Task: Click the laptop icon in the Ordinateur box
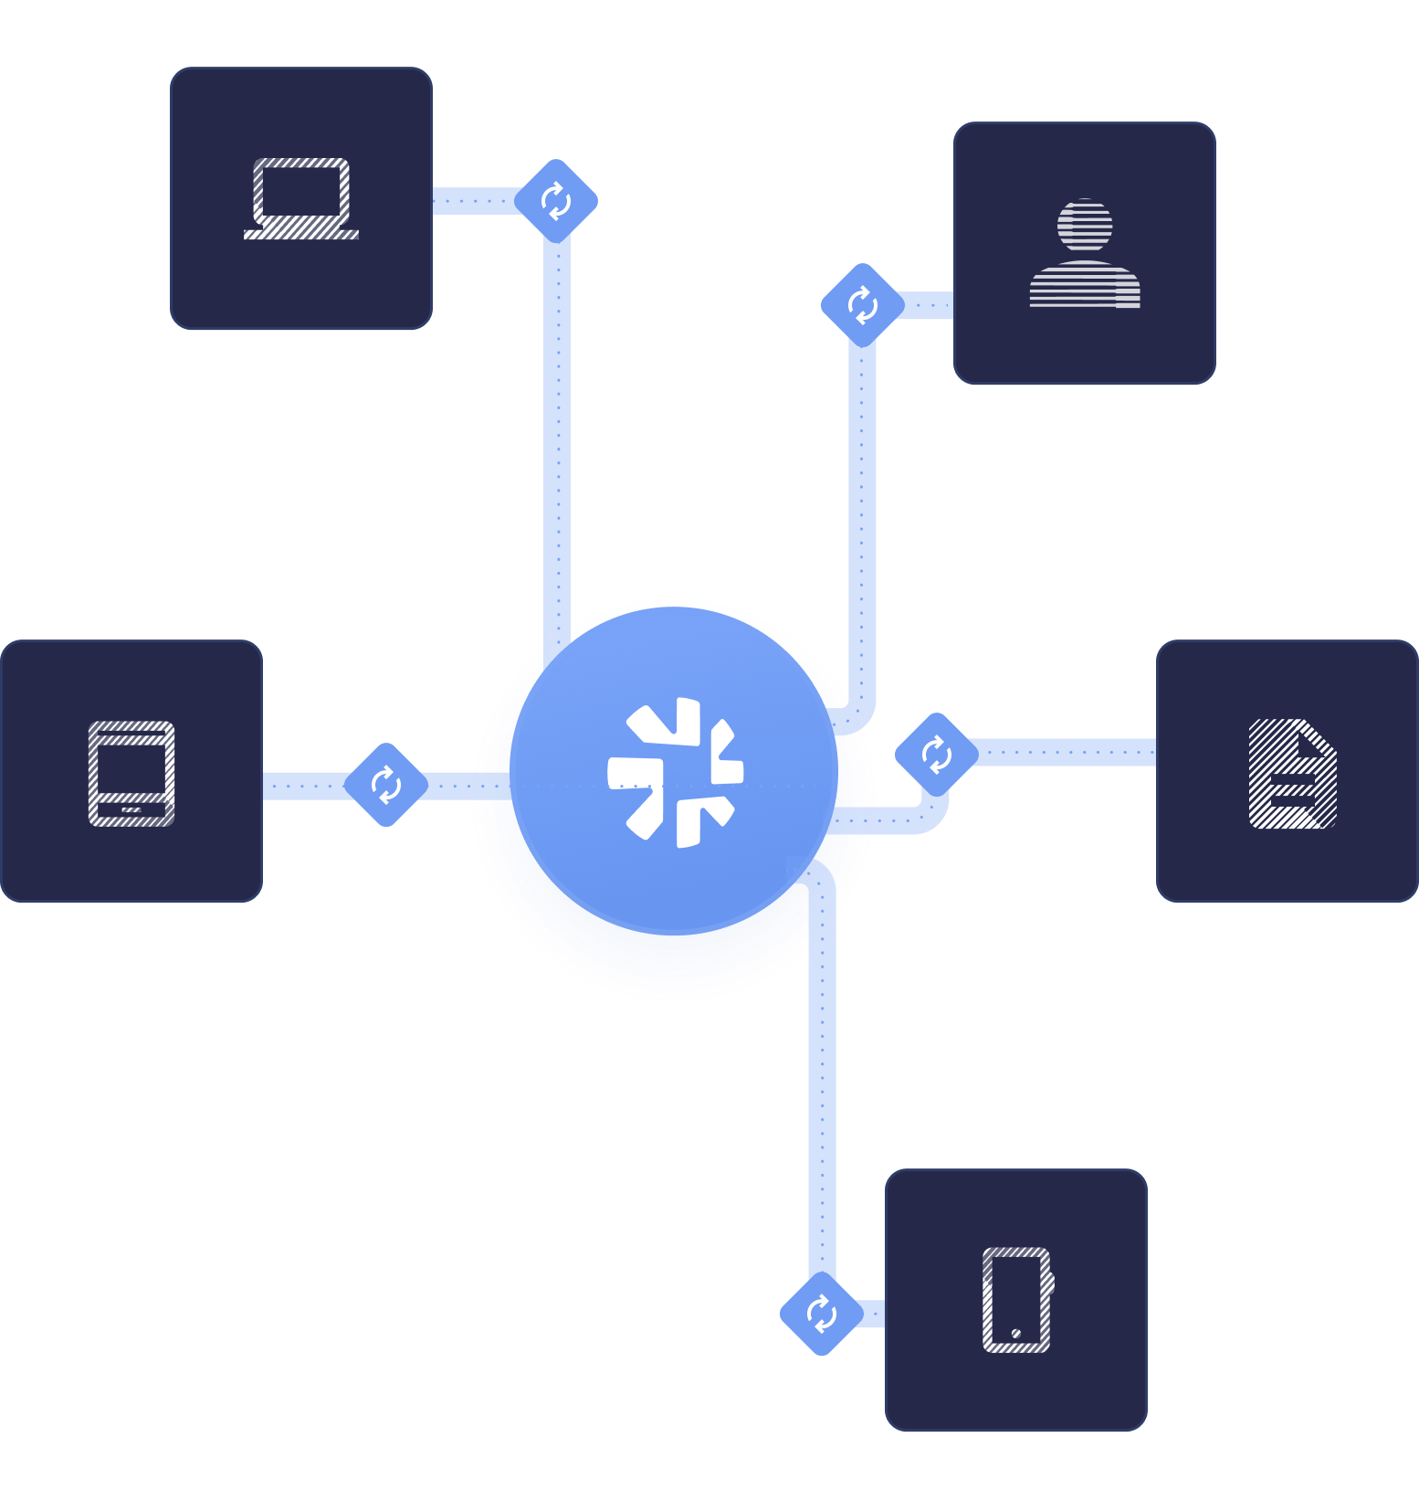301,198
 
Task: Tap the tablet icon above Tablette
131,773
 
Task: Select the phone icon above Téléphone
1016,1299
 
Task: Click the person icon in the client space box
1085,253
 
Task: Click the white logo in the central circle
676,773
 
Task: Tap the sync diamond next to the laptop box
556,201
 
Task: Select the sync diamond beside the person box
862,305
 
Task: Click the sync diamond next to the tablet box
386,785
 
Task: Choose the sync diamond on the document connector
936,755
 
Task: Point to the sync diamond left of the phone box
821,1314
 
